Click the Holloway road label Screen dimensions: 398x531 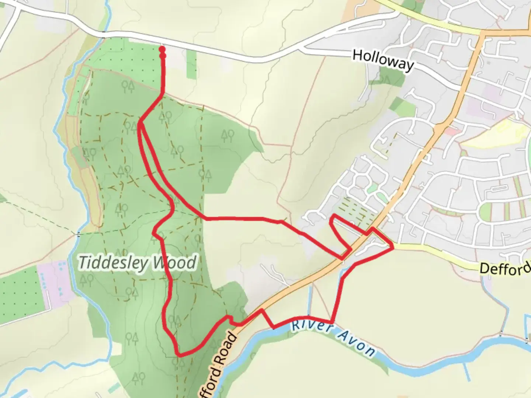tap(383, 60)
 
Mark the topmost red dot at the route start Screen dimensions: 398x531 tap(162, 49)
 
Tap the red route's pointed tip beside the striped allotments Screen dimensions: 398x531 tap(333, 215)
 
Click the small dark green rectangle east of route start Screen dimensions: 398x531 tap(191, 64)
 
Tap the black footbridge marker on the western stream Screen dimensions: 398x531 tap(78, 234)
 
